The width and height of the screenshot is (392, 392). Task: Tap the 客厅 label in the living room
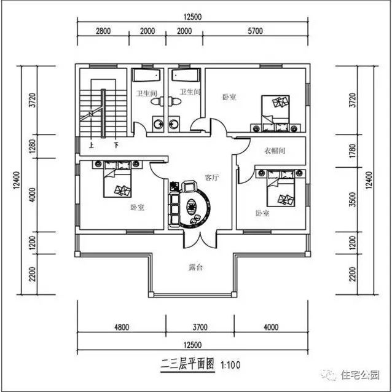(213, 177)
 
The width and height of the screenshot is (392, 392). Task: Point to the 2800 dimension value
(103, 32)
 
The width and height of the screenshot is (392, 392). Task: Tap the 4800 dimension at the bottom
(121, 327)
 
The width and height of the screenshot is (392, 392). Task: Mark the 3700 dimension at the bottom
(201, 327)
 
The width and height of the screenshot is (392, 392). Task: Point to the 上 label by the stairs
(91, 146)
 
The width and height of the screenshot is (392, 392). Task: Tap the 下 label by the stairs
(116, 146)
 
